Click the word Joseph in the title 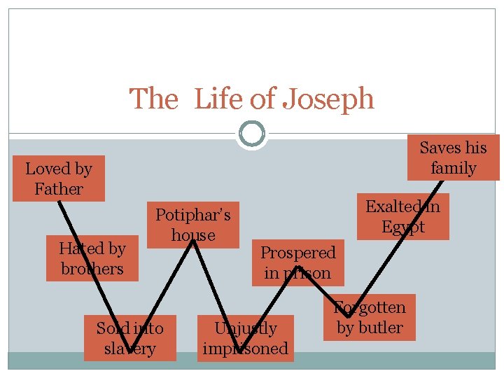point(328,99)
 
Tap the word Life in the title point(218,99)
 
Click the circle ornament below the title point(251,133)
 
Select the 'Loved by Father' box point(59,178)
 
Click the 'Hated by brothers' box point(92,258)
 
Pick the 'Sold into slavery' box point(129,338)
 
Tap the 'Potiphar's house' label point(192,224)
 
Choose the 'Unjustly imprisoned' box point(245,338)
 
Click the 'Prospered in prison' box point(298,262)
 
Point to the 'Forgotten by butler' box point(370,317)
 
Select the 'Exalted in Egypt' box point(403,216)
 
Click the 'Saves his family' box point(453,157)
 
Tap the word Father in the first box point(59,189)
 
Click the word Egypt point(403,227)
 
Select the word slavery point(129,349)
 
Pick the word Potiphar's point(192,214)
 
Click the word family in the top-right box point(453,168)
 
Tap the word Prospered point(298,252)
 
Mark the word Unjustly point(245,328)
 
